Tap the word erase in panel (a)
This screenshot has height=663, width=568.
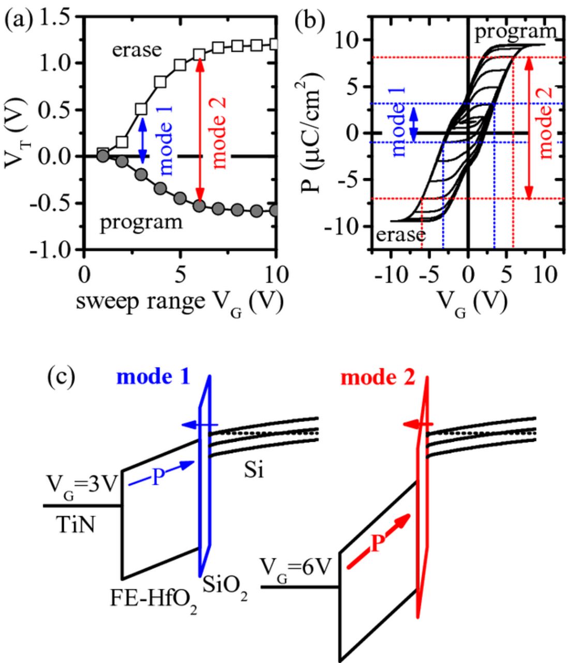point(137,50)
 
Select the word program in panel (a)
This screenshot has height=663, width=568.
point(141,222)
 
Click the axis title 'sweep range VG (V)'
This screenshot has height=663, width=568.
point(180,302)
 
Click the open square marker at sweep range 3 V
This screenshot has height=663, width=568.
point(141,109)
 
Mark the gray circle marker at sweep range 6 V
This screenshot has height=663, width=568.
point(199,205)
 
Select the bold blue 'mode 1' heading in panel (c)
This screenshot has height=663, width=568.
point(153,378)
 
